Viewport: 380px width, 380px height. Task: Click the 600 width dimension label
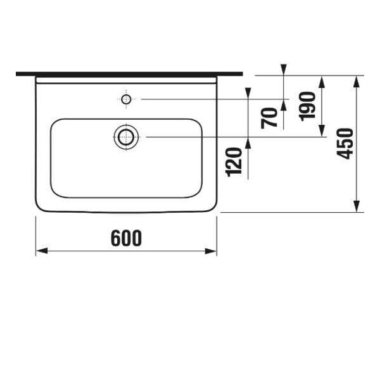[x=126, y=238]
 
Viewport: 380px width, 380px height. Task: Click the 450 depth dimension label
[x=345, y=144]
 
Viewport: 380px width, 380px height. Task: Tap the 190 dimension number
[x=308, y=106]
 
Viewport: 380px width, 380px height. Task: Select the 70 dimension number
[x=270, y=117]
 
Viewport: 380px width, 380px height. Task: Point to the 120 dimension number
[x=234, y=161]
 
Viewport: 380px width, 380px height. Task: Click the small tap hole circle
[x=126, y=99]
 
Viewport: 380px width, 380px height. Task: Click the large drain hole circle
[x=126, y=137]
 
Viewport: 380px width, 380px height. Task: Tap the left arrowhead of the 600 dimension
[x=41, y=251]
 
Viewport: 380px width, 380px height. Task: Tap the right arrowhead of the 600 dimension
[x=212, y=251]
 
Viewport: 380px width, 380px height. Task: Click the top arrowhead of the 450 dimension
[x=358, y=80]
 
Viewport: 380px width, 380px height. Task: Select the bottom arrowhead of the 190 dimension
[x=322, y=131]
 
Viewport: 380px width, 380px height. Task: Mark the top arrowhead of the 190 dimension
[x=322, y=80]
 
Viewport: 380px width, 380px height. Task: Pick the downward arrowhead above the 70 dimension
[x=284, y=70]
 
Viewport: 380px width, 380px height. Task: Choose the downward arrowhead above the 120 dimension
[x=247, y=94]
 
